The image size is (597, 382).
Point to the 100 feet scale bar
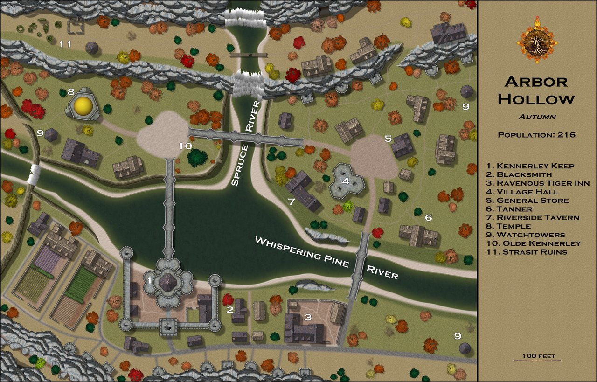tap(539, 359)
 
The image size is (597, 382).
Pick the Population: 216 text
tap(537, 135)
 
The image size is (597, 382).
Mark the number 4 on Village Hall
tap(345, 181)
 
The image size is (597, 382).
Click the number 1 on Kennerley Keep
tap(149, 280)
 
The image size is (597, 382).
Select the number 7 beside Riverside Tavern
tap(291, 201)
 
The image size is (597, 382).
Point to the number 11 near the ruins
tap(65, 44)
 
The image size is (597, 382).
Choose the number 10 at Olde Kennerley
tap(185, 146)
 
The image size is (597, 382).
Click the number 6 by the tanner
tap(428, 217)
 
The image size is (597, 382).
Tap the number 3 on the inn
tap(307, 318)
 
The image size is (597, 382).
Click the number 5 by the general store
tap(388, 139)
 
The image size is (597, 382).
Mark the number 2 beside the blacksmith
tap(229, 309)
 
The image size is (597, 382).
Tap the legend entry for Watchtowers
tap(526, 235)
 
